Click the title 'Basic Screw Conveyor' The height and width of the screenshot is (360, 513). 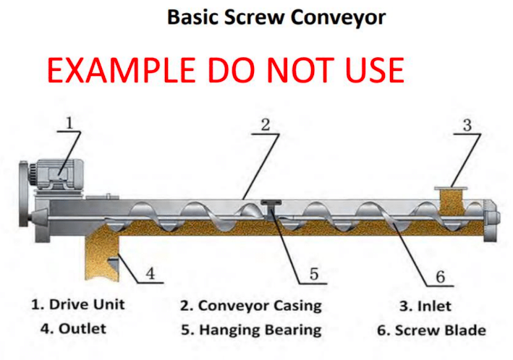[276, 17]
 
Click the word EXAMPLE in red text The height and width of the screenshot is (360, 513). [122, 71]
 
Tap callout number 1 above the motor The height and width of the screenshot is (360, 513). [69, 123]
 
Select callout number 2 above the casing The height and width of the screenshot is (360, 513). [266, 124]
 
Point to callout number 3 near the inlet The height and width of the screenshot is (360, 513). [467, 124]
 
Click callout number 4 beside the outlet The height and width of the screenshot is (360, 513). [150, 274]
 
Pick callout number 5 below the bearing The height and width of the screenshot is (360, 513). [314, 274]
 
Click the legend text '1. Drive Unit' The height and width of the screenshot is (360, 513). [77, 304]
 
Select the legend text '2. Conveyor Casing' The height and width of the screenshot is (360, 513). [250, 305]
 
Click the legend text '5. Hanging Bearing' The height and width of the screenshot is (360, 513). [250, 330]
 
